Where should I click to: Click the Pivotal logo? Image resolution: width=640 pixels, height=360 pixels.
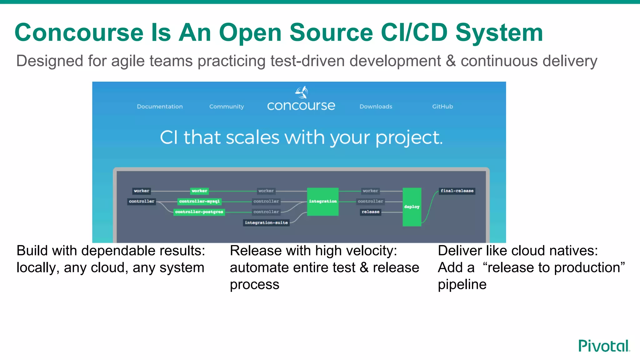tap(604, 346)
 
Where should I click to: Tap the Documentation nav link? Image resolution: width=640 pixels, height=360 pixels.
tap(160, 107)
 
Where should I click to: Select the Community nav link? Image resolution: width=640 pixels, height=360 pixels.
tap(227, 107)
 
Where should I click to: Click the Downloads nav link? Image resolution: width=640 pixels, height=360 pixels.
tap(376, 107)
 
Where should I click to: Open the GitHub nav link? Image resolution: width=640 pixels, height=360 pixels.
tap(442, 107)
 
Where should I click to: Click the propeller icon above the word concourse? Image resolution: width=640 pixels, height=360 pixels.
tap(302, 92)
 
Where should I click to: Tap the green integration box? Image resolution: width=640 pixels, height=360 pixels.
tap(322, 202)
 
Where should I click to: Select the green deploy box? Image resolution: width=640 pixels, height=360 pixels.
tap(412, 207)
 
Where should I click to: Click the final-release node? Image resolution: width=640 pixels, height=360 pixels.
tap(457, 191)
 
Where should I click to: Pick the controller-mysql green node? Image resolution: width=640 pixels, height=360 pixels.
tap(199, 201)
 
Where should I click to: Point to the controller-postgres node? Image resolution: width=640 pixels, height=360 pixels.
tap(199, 212)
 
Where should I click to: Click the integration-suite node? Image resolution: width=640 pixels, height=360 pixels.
tap(266, 222)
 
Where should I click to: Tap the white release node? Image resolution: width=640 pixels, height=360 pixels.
tap(370, 212)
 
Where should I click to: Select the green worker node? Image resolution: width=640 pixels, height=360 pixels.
tap(199, 191)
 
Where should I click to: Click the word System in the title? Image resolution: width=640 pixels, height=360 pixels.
tap(499, 32)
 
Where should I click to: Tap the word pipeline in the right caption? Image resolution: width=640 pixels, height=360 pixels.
tap(462, 284)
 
